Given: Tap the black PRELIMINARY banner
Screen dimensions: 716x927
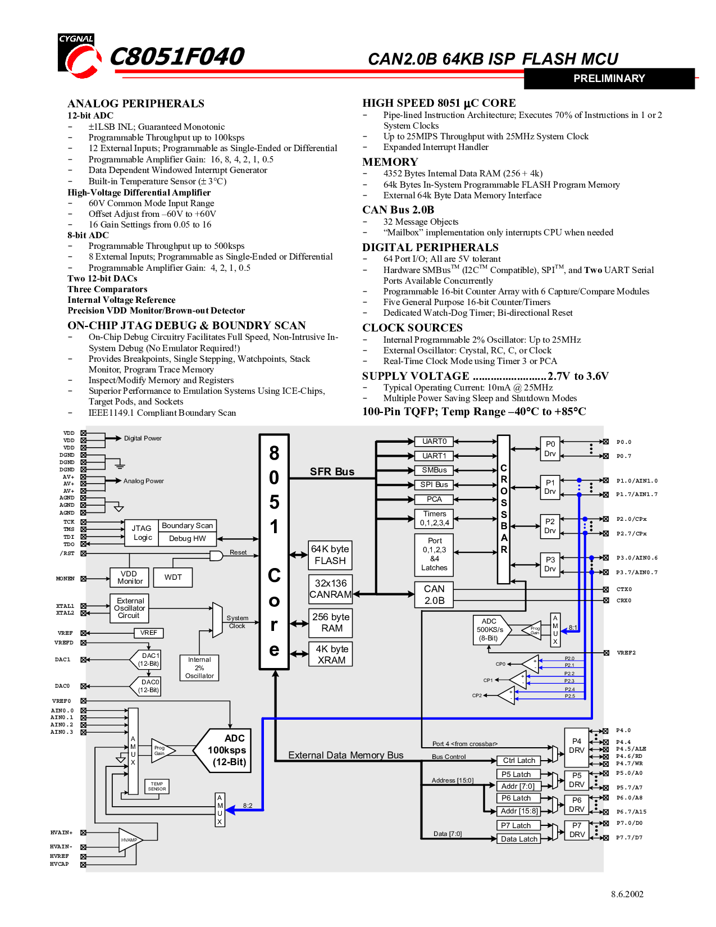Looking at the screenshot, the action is coord(609,79).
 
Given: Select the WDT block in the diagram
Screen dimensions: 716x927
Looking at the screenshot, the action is coord(173,577).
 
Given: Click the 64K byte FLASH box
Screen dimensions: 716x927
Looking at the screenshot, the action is coord(330,555).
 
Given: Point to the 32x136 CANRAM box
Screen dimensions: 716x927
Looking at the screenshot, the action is coord(331,589).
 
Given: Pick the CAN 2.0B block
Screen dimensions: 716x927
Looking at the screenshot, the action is coord(434,594).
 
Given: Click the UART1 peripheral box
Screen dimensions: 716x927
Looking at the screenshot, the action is coord(434,456).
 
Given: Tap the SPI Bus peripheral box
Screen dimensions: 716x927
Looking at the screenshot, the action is coord(434,485).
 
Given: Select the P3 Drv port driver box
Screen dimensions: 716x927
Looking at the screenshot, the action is coord(550,565).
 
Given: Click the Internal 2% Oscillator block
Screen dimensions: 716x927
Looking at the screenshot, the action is coord(199,667).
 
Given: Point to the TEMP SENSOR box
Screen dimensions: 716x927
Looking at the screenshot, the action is coord(157,786).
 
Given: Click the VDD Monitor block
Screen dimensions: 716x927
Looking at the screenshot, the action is coord(129,577).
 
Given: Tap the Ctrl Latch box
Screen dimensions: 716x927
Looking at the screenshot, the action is coord(519,761).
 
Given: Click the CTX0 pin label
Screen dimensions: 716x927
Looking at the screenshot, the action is coord(624,589).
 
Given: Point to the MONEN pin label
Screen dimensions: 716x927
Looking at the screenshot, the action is coord(65,579).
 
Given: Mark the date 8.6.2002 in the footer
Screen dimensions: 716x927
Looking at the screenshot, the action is coord(627,894).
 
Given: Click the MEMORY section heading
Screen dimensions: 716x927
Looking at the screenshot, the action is coord(390,162).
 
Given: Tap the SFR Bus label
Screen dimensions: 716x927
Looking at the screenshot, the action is coord(332,471).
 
